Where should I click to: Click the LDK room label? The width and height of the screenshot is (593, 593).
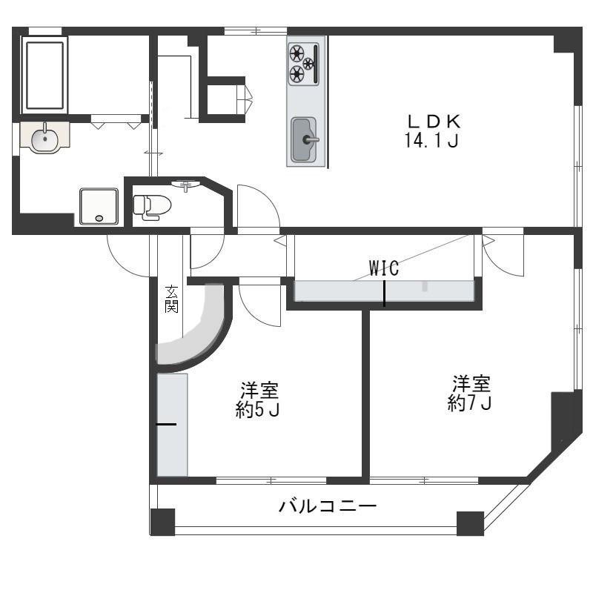(x=434, y=122)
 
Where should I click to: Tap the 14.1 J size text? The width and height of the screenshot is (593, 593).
(x=431, y=141)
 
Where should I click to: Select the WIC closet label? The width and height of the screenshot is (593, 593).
(x=383, y=268)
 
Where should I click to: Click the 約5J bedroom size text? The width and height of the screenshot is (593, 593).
(x=257, y=410)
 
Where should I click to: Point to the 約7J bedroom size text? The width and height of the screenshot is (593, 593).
(x=469, y=403)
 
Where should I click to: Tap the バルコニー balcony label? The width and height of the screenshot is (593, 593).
(x=328, y=506)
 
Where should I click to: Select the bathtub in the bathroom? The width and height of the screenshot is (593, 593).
(x=44, y=75)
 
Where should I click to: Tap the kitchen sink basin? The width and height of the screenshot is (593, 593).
(x=304, y=139)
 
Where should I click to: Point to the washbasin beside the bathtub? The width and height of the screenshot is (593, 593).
(x=44, y=138)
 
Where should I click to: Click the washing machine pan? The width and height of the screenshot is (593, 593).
(x=99, y=207)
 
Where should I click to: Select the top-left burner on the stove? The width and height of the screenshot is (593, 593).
(x=297, y=53)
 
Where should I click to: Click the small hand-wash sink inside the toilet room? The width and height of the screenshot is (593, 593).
(x=186, y=184)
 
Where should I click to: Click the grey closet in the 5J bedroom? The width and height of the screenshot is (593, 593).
(x=173, y=425)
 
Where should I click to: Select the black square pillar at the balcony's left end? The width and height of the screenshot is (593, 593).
(x=162, y=523)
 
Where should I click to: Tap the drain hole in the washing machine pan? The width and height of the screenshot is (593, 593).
(x=99, y=218)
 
